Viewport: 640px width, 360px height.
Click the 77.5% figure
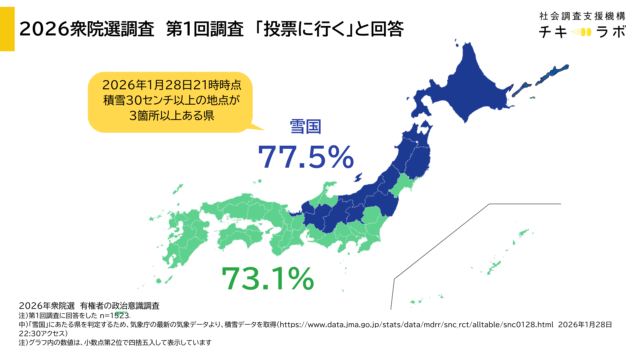coord(305,157)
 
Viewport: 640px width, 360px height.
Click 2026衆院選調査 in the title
coord(85,29)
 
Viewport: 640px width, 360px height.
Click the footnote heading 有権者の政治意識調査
coord(121,304)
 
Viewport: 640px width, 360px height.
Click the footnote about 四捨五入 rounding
coord(150,344)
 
